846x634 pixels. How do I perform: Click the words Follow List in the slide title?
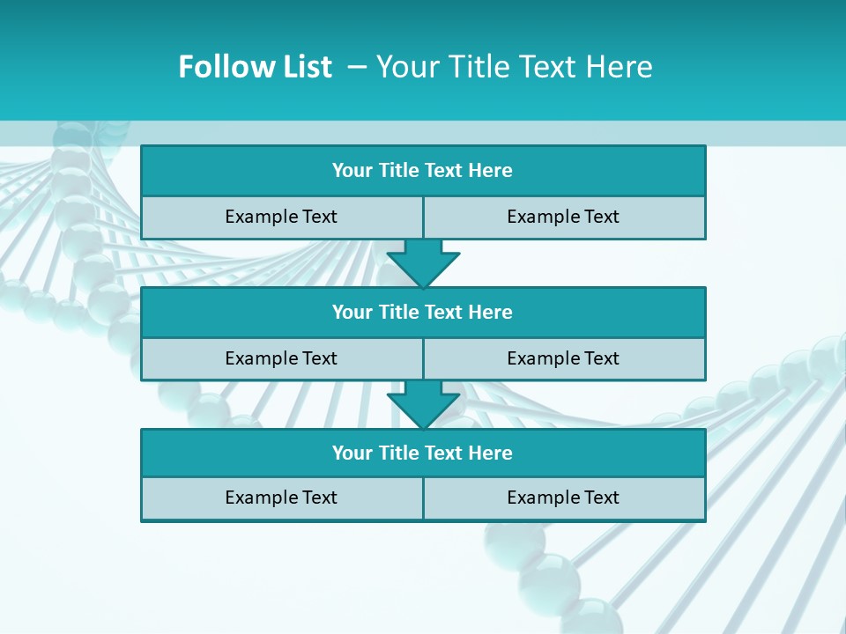255,67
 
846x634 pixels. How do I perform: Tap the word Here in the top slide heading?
620,67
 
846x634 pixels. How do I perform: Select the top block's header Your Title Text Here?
422,171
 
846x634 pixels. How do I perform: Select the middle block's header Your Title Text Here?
422,313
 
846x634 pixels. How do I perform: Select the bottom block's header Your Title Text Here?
422,453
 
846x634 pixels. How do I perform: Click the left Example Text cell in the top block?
281,217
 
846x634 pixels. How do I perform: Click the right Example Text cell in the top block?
563,217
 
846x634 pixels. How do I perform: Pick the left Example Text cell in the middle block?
281,358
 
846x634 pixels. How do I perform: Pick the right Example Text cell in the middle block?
563,358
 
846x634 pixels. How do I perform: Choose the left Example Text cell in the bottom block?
281,498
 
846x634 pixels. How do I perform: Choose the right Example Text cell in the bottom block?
563,498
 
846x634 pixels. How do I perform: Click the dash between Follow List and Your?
358,67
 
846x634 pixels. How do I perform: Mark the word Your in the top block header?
352,171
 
